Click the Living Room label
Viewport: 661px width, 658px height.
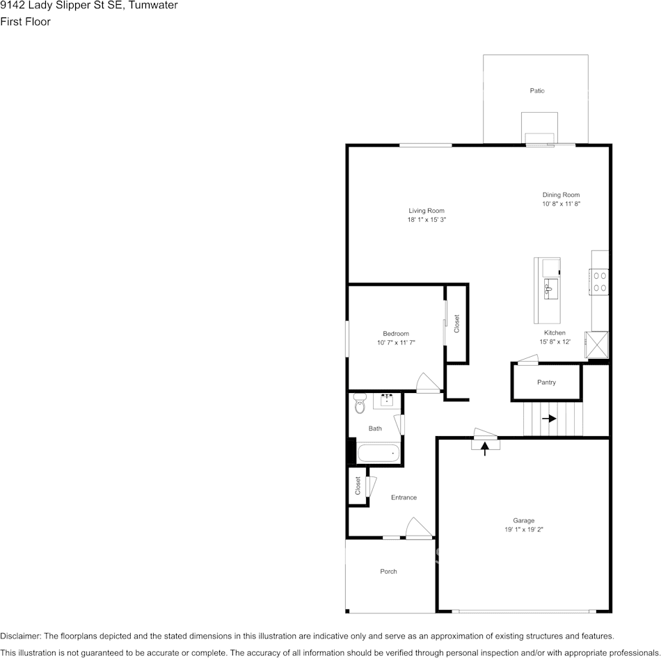coord(426,211)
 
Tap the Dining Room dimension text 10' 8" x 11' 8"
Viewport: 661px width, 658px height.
coord(561,204)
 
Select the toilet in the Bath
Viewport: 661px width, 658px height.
coord(359,403)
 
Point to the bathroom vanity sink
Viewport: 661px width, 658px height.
coord(387,401)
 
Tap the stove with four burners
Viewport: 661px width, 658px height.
coord(600,281)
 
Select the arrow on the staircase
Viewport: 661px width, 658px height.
coord(549,419)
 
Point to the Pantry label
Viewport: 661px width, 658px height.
coord(546,383)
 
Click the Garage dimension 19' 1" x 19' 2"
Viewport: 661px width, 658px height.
coord(524,529)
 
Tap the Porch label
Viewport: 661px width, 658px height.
coord(388,572)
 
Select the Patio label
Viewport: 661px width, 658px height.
coord(536,91)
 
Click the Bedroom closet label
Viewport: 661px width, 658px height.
coord(457,323)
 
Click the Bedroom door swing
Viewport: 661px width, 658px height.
coord(425,383)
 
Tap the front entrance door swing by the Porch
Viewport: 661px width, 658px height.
coord(419,529)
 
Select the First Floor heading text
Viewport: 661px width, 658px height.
coord(25,22)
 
